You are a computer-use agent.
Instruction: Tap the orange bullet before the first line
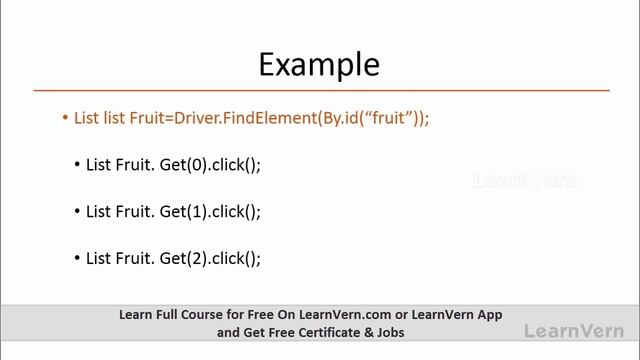65,118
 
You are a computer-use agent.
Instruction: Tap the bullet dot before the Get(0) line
78,165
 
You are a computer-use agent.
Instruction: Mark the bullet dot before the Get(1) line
78,211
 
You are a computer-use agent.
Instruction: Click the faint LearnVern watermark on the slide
524,181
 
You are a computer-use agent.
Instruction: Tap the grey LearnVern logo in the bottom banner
573,330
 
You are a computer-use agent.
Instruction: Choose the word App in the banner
488,314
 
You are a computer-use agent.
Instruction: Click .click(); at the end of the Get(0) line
236,165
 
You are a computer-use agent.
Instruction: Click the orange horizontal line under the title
319,90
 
